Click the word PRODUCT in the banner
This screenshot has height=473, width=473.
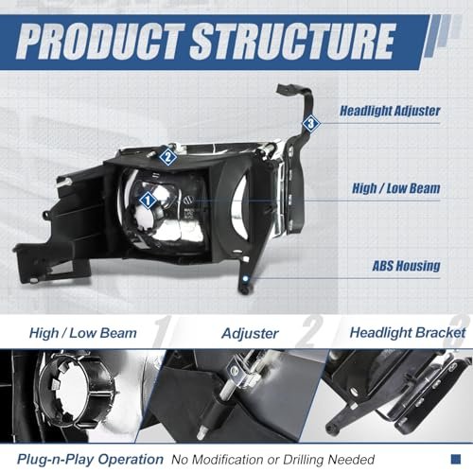pyautogui.click(x=100, y=42)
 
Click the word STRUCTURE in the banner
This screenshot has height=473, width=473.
pyautogui.click(x=292, y=42)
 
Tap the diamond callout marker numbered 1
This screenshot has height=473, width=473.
pyautogui.click(x=148, y=201)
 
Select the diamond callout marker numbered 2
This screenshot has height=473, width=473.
pyautogui.click(x=167, y=156)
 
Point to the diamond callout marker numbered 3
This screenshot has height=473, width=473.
pyautogui.click(x=311, y=123)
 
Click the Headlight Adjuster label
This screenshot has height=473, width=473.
pyautogui.click(x=390, y=111)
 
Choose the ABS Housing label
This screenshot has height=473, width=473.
pyautogui.click(x=406, y=266)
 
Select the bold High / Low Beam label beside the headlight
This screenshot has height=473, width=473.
pyautogui.click(x=396, y=188)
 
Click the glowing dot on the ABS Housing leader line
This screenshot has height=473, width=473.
pyautogui.click(x=246, y=279)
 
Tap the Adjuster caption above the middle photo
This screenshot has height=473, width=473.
pyautogui.click(x=250, y=334)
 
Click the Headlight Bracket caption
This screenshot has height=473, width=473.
pyautogui.click(x=408, y=333)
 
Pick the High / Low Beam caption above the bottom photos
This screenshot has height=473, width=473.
pyautogui.click(x=83, y=333)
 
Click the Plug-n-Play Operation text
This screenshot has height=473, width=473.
pyautogui.click(x=90, y=460)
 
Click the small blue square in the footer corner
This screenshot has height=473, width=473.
pyautogui.click(x=456, y=459)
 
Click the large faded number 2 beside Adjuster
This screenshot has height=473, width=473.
pyautogui.click(x=310, y=331)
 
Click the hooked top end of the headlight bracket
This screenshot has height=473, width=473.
pyautogui.click(x=286, y=90)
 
